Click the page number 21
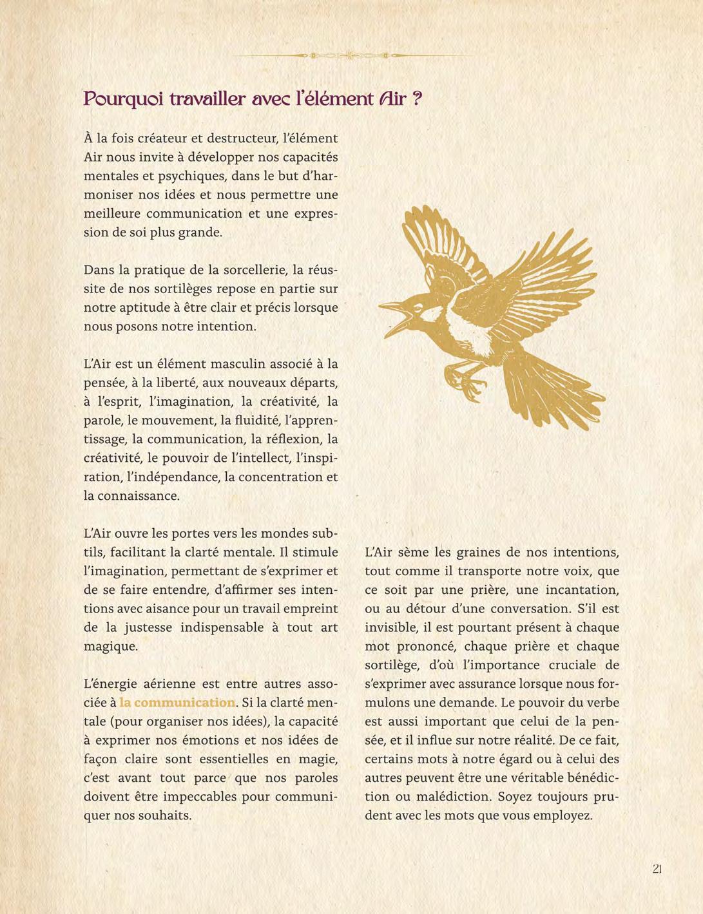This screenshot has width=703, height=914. click(x=657, y=868)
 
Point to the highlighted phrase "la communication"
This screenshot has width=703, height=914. click(x=177, y=702)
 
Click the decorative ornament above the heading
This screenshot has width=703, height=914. click(x=351, y=55)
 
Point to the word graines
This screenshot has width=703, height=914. click(x=482, y=552)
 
